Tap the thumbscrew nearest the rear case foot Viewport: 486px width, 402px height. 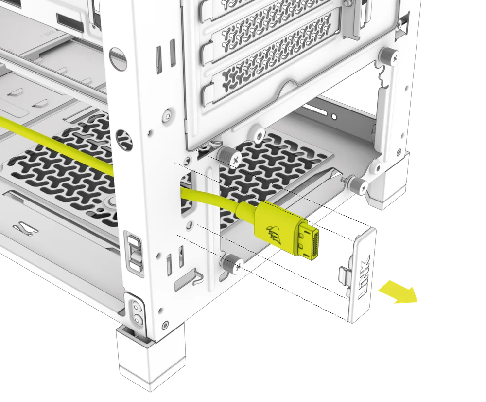click(x=358, y=184)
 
